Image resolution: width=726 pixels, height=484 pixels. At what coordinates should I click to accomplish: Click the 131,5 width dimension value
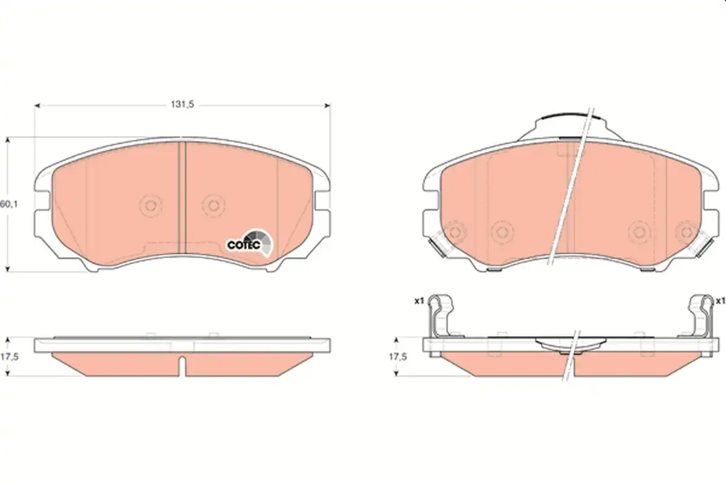coord(182,105)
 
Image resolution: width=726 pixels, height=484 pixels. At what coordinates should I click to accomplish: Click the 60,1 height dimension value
coord(8,204)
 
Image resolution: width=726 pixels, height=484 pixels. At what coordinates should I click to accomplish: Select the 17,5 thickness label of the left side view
coord(10,356)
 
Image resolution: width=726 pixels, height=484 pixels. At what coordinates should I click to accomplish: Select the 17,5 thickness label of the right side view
coord(397,356)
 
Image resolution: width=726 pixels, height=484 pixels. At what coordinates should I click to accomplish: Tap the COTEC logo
coord(249,244)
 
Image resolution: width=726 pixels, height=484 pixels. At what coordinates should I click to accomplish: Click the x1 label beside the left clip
coord(419,301)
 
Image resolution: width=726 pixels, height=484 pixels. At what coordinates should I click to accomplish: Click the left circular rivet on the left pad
coord(151,205)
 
